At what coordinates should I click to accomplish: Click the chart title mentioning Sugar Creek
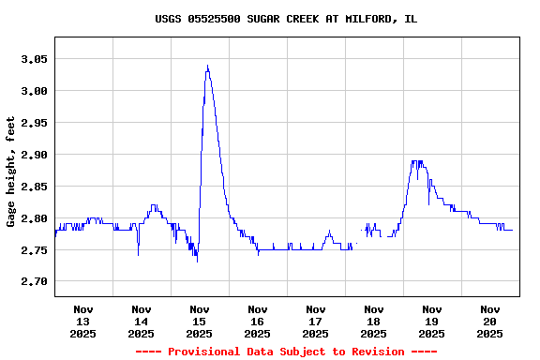(286, 19)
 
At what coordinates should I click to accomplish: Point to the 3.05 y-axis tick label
(33, 59)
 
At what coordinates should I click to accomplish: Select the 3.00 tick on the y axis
(33, 91)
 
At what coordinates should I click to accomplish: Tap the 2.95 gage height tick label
(33, 123)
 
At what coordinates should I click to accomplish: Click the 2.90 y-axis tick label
(33, 155)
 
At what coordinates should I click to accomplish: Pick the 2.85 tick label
(33, 187)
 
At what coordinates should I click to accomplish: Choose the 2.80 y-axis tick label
(33, 218)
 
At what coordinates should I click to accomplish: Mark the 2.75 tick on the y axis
(33, 250)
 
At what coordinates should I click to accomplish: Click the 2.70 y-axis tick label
(33, 282)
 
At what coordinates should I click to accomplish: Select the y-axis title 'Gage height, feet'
(11, 172)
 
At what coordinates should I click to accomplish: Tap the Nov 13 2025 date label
(83, 321)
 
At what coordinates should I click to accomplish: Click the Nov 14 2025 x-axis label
(142, 321)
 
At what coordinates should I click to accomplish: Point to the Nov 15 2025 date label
(200, 321)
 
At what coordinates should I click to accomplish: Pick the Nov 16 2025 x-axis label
(258, 321)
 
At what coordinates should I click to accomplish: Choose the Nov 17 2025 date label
(316, 321)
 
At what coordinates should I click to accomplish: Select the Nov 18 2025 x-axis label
(374, 321)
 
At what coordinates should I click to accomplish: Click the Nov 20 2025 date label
(490, 321)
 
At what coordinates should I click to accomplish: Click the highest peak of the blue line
(207, 66)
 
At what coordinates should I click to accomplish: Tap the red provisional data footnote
(286, 352)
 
